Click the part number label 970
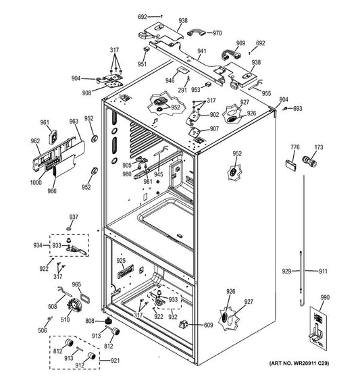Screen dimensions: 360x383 [217, 33]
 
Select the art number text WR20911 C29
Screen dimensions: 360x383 [311, 363]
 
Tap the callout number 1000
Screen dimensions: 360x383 [36, 182]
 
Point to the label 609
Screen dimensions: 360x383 [208, 325]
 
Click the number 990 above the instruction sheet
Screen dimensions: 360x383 [325, 297]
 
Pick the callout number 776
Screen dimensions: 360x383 [295, 147]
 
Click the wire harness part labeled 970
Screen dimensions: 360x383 [196, 32]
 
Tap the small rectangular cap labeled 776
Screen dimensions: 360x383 [291, 165]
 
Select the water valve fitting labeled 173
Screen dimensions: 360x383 [310, 161]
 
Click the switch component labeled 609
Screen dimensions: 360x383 [184, 324]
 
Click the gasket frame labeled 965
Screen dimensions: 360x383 [84, 298]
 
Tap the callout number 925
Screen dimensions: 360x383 [121, 261]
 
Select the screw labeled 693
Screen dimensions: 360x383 [285, 109]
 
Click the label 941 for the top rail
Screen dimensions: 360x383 [202, 51]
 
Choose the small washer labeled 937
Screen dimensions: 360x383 [69, 228]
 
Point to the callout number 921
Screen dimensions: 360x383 [115, 361]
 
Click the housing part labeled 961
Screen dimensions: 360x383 [53, 137]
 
